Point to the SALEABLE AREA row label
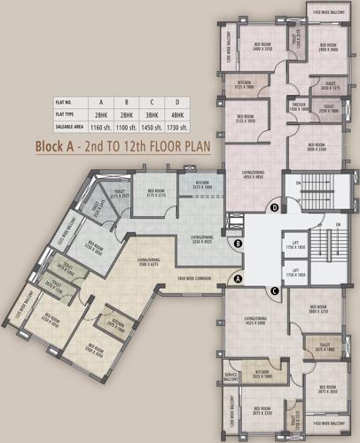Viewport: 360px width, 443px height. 71,128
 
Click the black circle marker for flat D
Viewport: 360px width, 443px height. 275,207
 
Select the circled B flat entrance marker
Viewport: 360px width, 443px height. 238,243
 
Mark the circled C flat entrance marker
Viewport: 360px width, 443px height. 275,290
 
